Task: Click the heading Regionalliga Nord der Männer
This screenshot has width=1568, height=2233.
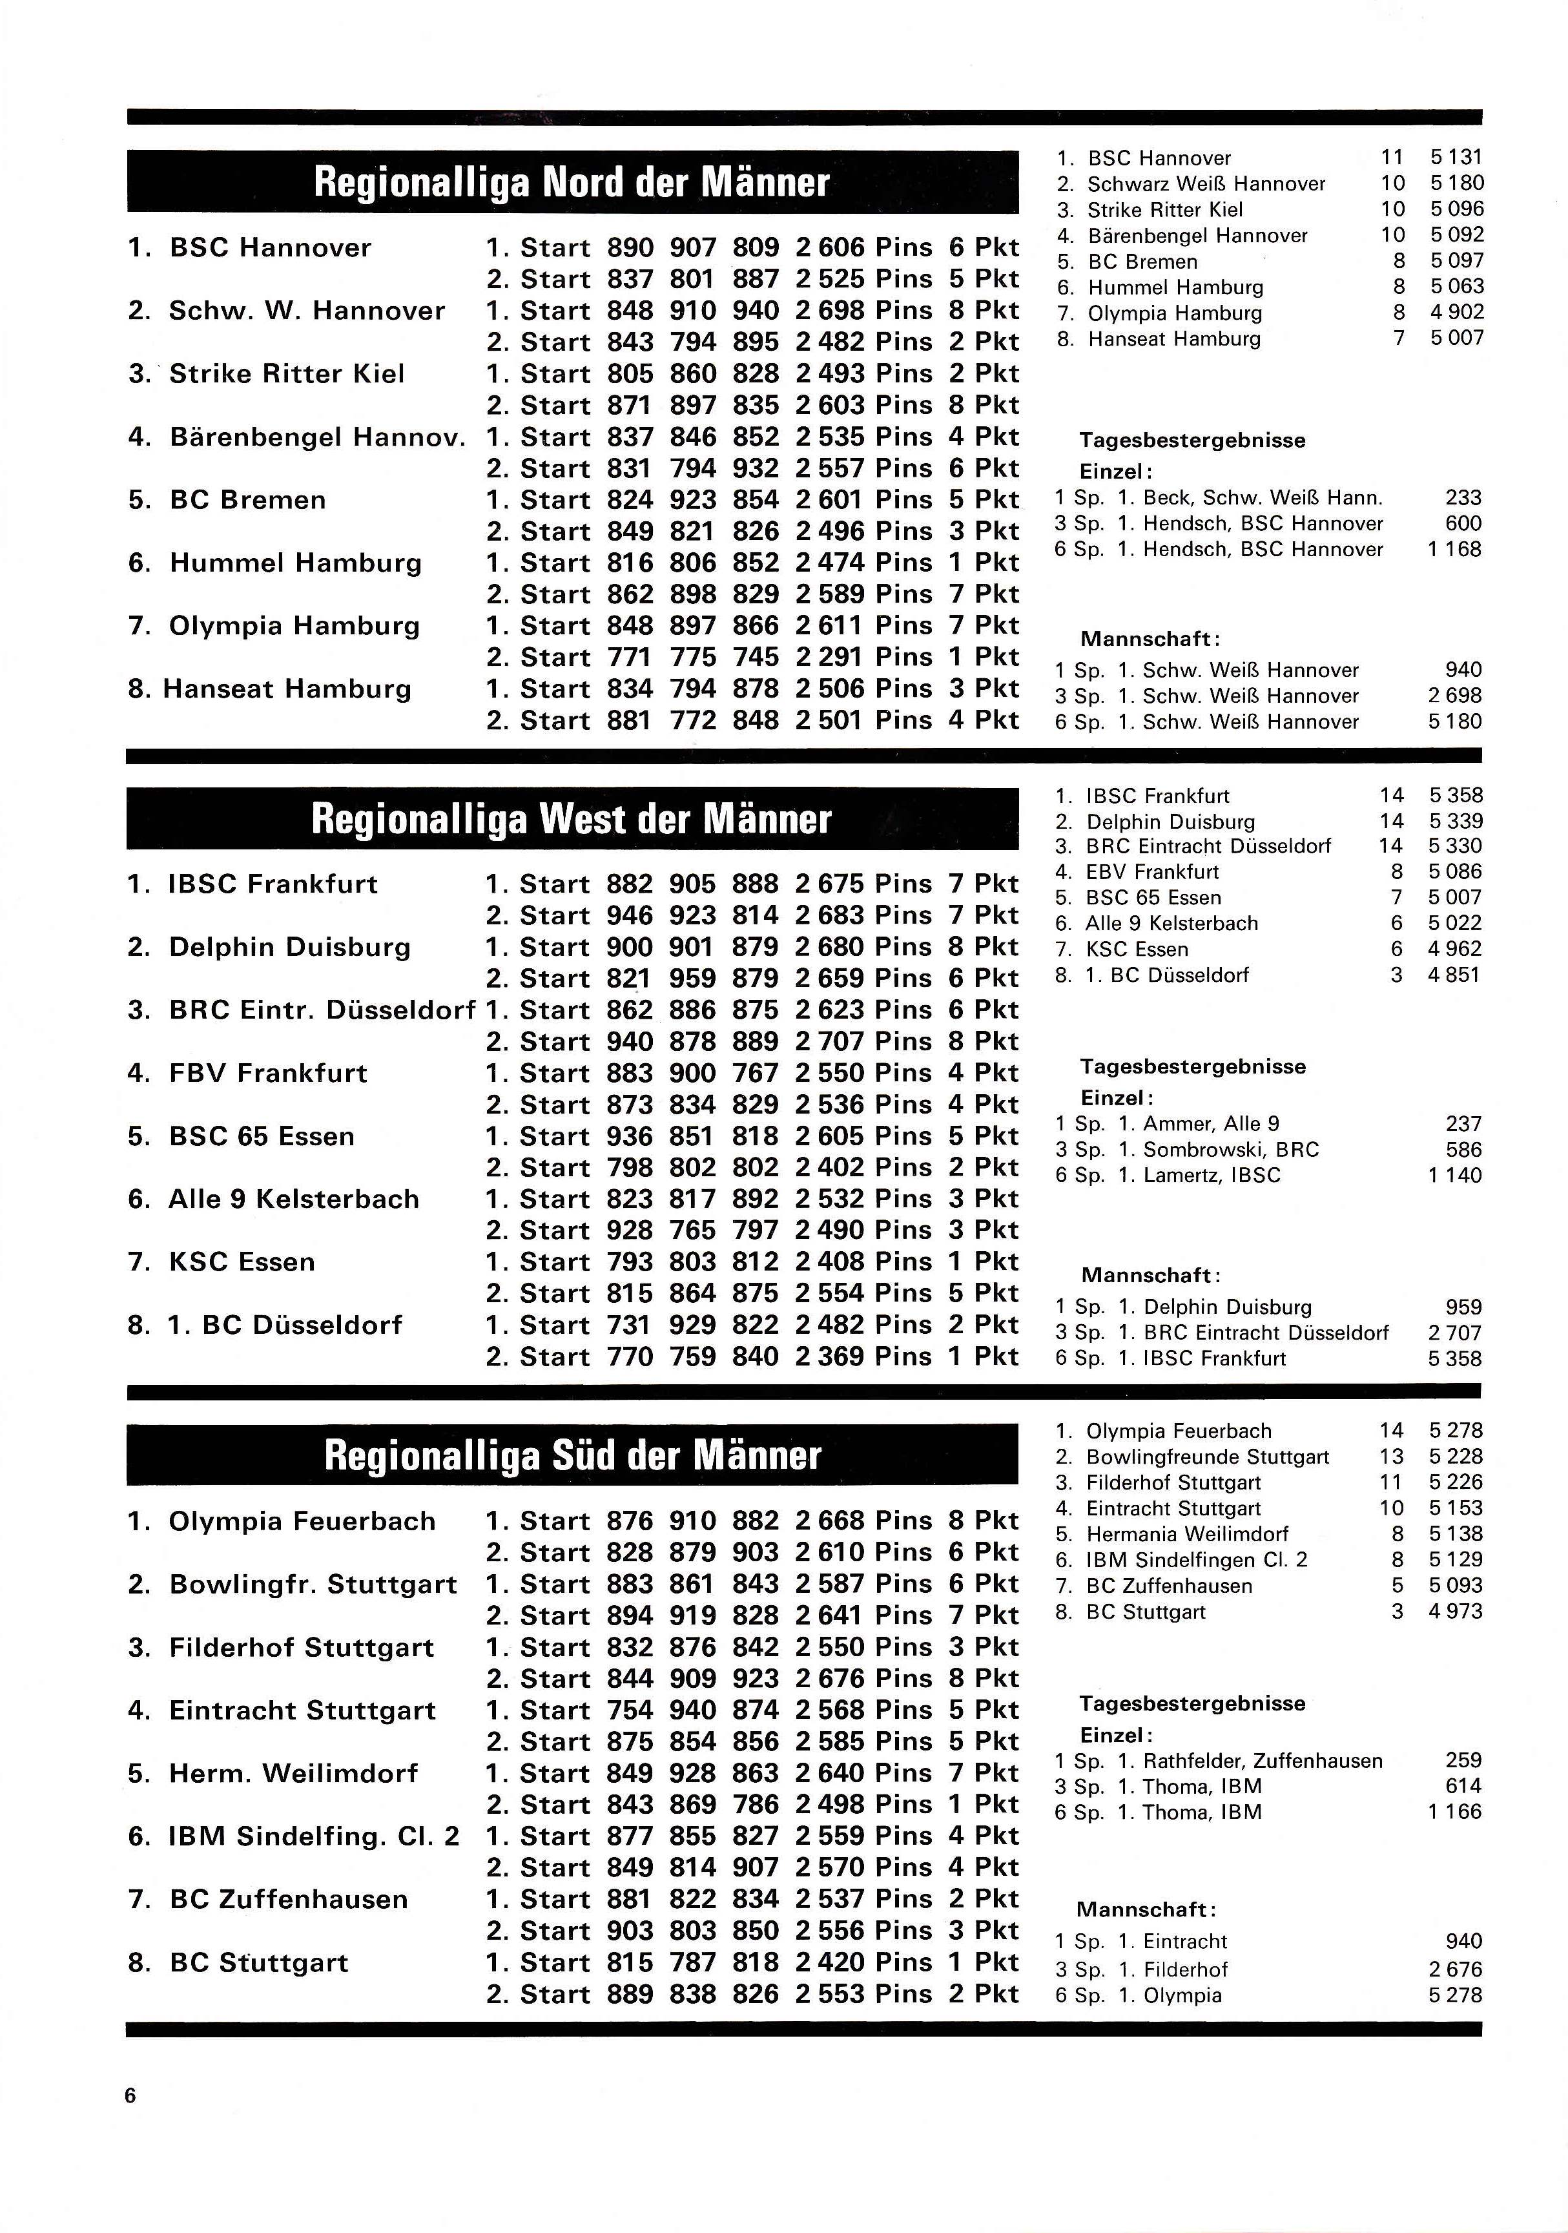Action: [572, 182]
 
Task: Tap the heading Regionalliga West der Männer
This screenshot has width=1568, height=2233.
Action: [572, 819]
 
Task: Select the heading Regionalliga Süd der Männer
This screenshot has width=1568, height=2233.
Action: [572, 1456]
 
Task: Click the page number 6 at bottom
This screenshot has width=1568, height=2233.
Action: [130, 2095]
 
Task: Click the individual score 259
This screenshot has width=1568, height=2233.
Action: [1463, 1760]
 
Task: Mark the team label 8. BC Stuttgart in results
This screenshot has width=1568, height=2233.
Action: [238, 1962]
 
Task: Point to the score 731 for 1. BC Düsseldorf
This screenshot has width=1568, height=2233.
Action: [629, 1325]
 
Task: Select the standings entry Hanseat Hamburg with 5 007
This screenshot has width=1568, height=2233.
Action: [1174, 338]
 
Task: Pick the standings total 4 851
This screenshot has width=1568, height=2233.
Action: [1454, 975]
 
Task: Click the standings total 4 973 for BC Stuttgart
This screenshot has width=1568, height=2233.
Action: [1455, 1612]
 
